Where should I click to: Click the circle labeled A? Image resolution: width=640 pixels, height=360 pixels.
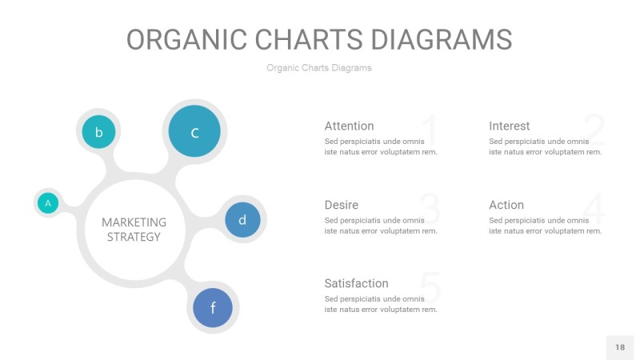[x=48, y=203]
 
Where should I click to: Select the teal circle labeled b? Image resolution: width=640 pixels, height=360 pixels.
[x=98, y=132]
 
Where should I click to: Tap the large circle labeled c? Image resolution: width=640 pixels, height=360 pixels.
[x=194, y=132]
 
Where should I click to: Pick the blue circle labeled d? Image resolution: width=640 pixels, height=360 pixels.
[x=242, y=219]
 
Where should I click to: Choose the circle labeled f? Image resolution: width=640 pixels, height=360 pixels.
[x=213, y=307]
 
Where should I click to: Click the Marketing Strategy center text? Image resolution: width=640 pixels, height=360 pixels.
[x=134, y=229]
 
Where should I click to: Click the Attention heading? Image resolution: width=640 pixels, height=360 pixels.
[x=349, y=126]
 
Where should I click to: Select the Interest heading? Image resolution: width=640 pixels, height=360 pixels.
[x=509, y=126]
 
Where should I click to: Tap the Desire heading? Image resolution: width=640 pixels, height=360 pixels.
[x=341, y=205]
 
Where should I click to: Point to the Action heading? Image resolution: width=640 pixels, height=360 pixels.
[x=506, y=205]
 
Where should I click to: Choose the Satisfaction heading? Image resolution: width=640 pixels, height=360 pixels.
[x=356, y=283]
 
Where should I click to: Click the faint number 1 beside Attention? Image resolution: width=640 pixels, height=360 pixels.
[x=429, y=130]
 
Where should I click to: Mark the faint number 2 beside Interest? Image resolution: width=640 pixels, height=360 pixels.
[x=594, y=130]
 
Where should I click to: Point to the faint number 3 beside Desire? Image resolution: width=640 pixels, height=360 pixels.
[x=430, y=209]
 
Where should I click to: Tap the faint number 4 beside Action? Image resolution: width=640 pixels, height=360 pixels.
[x=595, y=209]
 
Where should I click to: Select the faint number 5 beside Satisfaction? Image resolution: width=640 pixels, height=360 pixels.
[x=430, y=288]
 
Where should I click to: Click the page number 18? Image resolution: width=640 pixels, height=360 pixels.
[x=620, y=347]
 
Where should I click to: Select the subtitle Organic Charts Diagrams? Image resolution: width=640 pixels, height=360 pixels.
[x=319, y=68]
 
